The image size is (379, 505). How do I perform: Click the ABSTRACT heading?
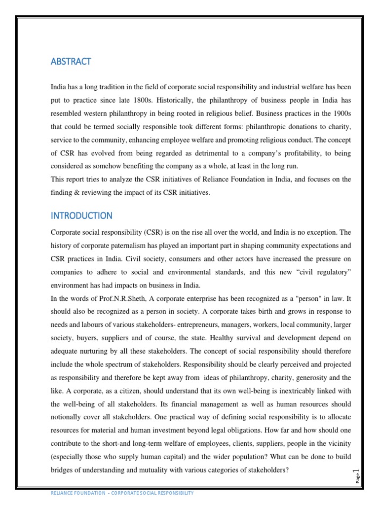[71, 62]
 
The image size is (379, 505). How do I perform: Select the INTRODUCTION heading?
[81, 216]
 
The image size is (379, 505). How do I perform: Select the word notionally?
[69, 417]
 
